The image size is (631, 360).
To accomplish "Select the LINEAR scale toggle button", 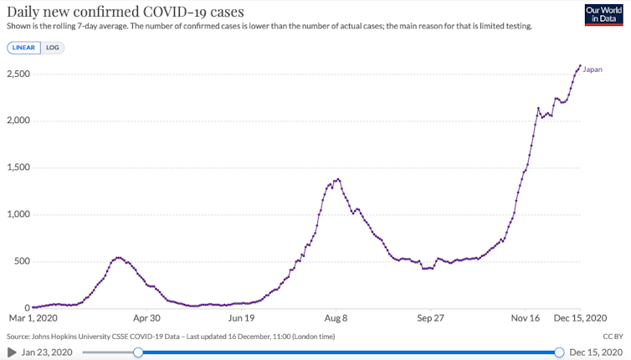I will (23, 48).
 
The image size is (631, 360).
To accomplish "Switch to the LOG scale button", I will (53, 48).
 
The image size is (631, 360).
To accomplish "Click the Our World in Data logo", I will (603, 14).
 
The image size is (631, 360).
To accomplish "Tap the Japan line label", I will (593, 69).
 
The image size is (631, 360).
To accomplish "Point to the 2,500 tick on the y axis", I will (17, 74).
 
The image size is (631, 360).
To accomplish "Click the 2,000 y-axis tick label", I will (17, 121).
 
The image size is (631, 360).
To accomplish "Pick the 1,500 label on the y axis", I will (17, 167).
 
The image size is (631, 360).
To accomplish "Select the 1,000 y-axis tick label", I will (17, 214).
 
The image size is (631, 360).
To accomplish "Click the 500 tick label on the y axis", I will (21, 261).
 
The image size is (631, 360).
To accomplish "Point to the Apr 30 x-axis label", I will (146, 318).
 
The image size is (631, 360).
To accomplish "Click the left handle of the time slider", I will (138, 352).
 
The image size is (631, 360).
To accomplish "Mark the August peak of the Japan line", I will (336, 178).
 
